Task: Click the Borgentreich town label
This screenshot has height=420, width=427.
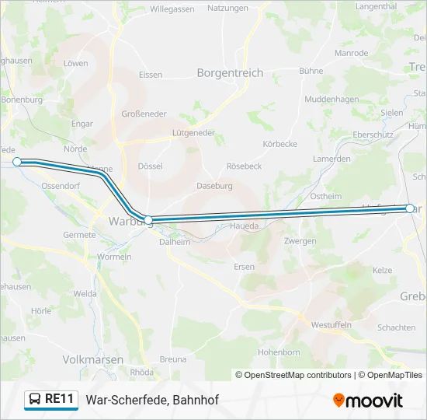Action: [230, 73]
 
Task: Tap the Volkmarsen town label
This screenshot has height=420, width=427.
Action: [92, 359]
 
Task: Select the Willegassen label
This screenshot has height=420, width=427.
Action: [172, 9]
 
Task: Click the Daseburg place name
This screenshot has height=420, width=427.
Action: [214, 186]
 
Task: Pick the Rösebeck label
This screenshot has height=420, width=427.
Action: [243, 166]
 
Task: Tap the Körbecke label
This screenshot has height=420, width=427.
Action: [280, 144]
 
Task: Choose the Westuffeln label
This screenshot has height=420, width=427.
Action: [332, 324]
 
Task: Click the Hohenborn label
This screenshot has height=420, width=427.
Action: [279, 352]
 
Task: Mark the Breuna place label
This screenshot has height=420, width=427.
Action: [173, 359]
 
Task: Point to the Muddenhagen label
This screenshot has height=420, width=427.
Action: [332, 100]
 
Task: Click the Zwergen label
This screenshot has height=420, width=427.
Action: [300, 241]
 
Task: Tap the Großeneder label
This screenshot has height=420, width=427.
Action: [144, 114]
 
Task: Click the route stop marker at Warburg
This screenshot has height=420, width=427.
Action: [148, 220]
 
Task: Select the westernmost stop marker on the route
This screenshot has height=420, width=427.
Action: [17, 161]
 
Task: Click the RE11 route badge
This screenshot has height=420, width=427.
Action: [51, 399]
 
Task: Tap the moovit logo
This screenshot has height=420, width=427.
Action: [368, 400]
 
